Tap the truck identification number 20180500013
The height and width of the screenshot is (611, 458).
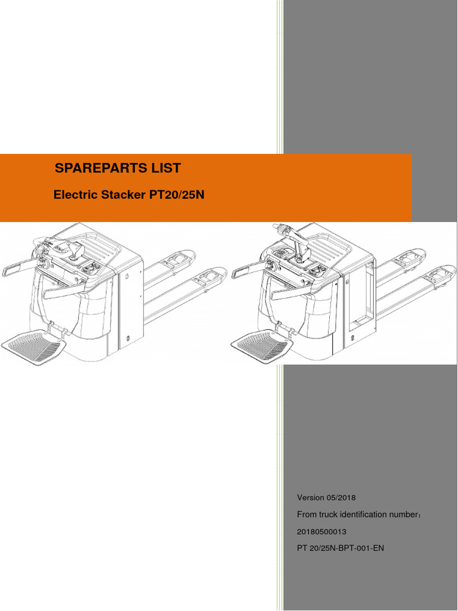tap(322, 531)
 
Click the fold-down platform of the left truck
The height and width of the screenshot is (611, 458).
tap(36, 345)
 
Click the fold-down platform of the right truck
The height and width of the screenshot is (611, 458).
tap(263, 345)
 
